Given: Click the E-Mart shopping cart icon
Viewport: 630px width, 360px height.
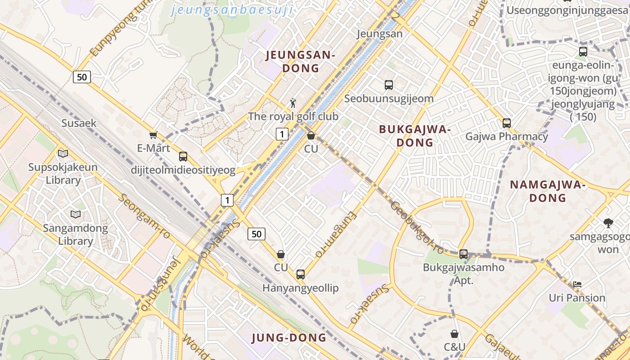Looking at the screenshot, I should point(153,135).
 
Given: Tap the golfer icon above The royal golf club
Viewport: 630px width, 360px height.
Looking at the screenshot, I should point(293,103).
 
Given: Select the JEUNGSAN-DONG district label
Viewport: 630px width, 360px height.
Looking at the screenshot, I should point(300,62).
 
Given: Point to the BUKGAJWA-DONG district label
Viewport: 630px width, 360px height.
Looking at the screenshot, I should point(414,135).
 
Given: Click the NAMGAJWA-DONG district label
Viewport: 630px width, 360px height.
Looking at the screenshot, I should point(547,191).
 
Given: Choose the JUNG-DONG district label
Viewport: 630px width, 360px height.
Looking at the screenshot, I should point(289,337).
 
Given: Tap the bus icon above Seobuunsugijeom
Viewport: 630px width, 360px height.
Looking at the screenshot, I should point(389,85).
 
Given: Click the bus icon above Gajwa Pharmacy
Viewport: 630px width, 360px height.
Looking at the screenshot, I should point(507,123).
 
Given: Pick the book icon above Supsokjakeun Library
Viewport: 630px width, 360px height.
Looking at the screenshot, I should point(63,153).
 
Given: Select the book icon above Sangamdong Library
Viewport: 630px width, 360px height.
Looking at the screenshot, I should point(76,214).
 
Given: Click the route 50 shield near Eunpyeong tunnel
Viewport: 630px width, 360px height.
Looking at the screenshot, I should point(82,77).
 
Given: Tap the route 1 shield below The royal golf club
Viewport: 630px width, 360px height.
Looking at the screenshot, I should point(282,134).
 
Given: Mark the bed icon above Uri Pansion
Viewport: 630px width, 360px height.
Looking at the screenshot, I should point(577,284).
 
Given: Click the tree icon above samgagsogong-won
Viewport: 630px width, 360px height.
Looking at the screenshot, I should point(608,223).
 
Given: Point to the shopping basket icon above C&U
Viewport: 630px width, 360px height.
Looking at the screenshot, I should point(454,333).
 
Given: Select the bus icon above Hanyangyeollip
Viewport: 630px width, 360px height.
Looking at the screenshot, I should point(301,274).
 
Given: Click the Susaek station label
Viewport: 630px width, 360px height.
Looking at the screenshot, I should point(79,123).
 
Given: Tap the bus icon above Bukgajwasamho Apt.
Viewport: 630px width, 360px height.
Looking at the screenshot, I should point(463,254).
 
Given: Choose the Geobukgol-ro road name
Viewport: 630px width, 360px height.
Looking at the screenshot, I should point(417,228).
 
